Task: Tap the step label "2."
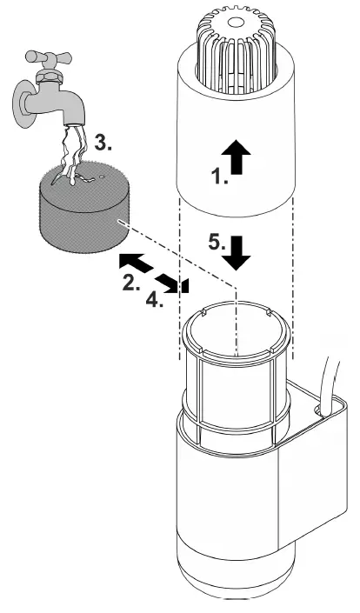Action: (x=131, y=283)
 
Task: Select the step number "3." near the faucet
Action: (x=103, y=143)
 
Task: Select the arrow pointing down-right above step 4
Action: (x=170, y=283)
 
